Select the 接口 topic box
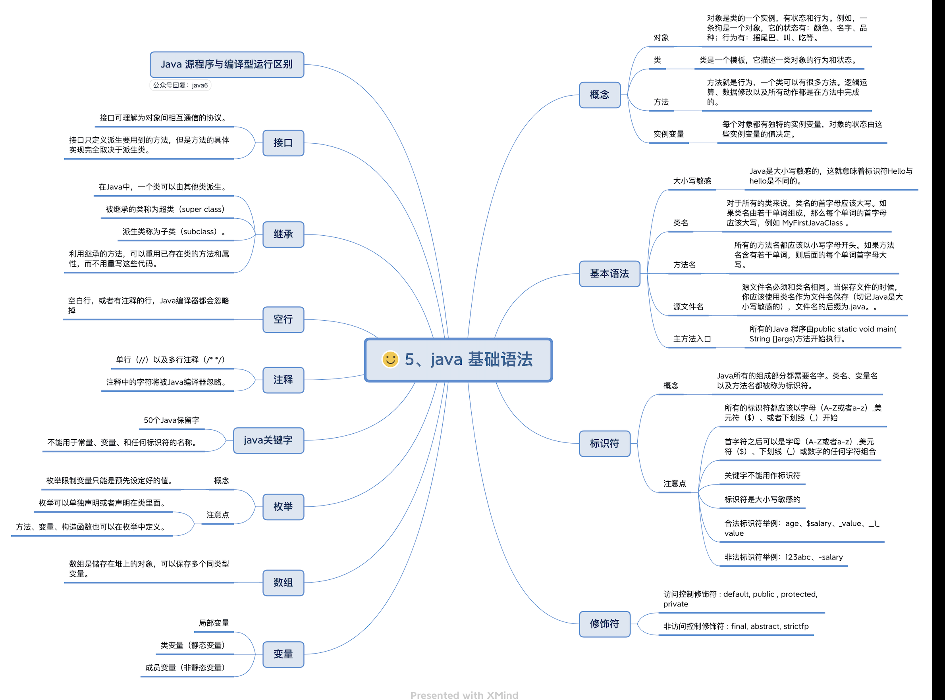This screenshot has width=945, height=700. tap(283, 143)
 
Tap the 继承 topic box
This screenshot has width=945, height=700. tap(283, 234)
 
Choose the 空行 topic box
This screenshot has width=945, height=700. tap(283, 319)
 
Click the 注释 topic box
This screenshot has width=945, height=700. tap(283, 380)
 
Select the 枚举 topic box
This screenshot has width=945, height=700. tap(283, 507)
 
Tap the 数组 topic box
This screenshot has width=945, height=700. tap(283, 583)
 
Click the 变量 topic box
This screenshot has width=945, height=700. tap(283, 654)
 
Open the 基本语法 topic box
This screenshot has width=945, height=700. tap(609, 274)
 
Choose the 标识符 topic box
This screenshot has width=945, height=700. tap(605, 444)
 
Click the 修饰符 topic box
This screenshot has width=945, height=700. tap(605, 624)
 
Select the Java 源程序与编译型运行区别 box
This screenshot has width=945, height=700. tap(227, 64)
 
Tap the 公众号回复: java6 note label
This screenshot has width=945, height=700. tap(180, 85)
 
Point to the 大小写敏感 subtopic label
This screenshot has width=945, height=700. tap(692, 181)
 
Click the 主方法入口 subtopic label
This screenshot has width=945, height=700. tap(692, 339)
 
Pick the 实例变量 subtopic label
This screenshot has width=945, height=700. tap(669, 134)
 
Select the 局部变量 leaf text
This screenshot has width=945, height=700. tap(214, 623)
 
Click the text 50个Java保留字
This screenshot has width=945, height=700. tap(171, 420)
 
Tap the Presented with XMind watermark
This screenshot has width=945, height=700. tap(464, 695)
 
